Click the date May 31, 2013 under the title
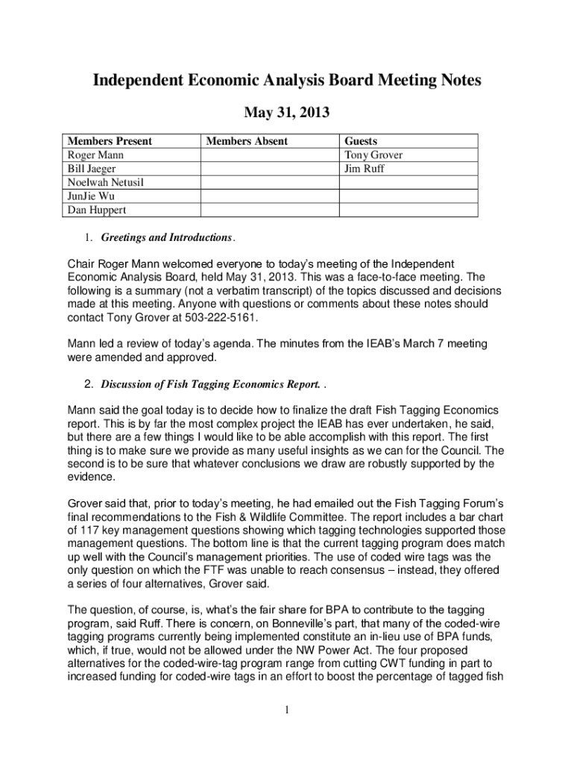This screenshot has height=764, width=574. pyautogui.click(x=287, y=113)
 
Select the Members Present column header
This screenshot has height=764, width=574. pyautogui.click(x=110, y=141)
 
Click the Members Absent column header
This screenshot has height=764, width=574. pyautogui.click(x=247, y=141)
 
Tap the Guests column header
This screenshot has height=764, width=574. pyautogui.click(x=361, y=141)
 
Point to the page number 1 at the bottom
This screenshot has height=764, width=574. pyautogui.click(x=286, y=709)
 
